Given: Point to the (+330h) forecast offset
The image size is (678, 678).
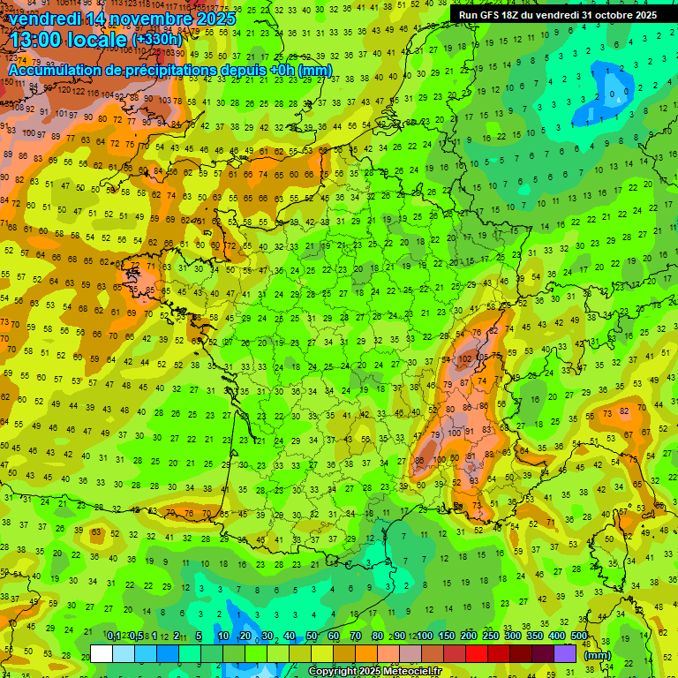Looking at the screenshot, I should point(157,40).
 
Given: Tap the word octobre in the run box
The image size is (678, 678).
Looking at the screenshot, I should point(613,15).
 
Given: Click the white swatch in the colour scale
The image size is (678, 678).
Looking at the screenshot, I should point(102,654).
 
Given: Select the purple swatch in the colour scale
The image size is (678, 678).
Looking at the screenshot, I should point(565,654).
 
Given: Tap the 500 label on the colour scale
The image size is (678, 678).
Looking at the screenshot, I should point(578,637).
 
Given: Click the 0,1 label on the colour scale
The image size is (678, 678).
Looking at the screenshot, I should point(113,637).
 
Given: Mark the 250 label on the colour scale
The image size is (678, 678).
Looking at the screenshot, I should point(490,637).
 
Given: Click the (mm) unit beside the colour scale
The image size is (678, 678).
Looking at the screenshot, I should point(598,655).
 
